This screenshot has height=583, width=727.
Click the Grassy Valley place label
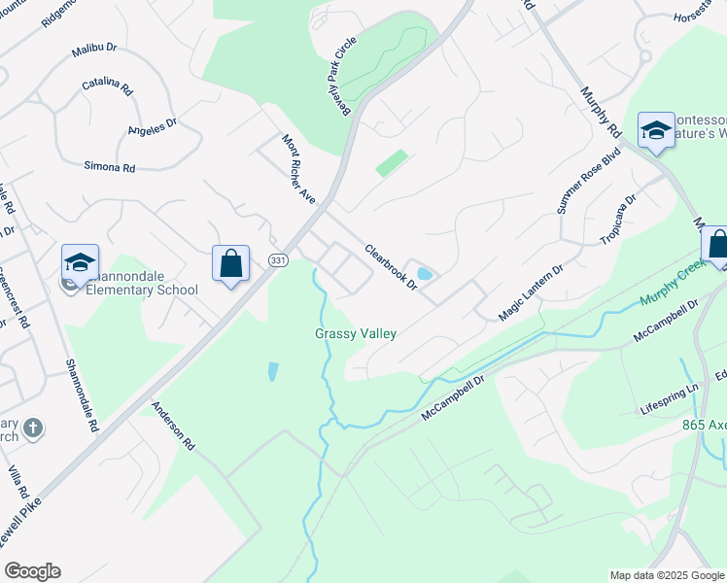coord(356,333)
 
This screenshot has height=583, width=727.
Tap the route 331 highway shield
coord(279,260)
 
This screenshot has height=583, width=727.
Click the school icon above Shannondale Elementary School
coord(80,263)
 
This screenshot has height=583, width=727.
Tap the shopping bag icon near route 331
coord(230,263)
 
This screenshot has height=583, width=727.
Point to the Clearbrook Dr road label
coord(391,266)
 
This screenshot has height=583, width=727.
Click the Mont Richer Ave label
coord(299,168)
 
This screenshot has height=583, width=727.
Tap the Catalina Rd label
coord(107,86)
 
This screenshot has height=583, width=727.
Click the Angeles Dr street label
coord(153,126)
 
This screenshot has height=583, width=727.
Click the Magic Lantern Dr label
coord(531,292)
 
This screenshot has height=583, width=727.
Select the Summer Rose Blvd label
coord(588,194)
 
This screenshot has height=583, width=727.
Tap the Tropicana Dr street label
coord(618,221)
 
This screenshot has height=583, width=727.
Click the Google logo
coord(32,571)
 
